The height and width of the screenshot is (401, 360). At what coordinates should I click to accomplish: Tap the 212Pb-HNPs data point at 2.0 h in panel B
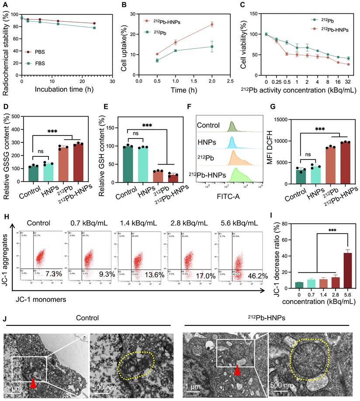(x=212, y=24)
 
